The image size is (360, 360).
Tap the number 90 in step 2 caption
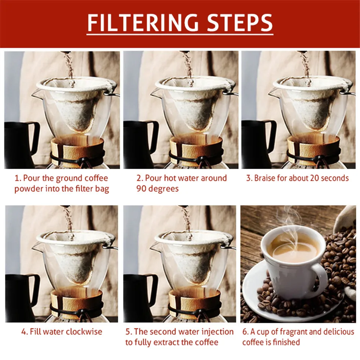[141, 189]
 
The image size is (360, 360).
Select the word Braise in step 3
[265, 178]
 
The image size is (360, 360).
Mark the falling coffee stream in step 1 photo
[69, 67]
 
